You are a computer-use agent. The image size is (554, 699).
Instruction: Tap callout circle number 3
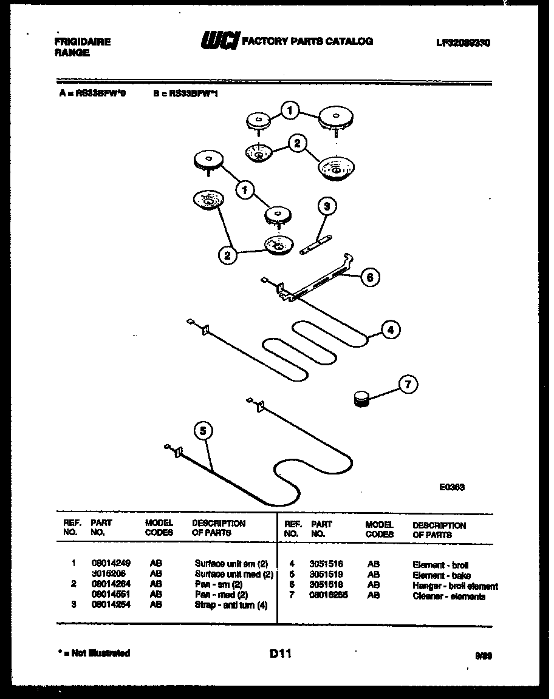pos(327,207)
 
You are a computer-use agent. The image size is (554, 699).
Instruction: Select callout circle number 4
pos(391,329)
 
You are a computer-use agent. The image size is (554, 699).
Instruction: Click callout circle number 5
pos(203,431)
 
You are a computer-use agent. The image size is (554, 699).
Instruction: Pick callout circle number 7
pos(408,384)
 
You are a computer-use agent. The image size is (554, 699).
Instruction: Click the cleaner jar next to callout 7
pos(362,399)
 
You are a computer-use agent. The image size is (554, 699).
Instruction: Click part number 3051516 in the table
pos(327,564)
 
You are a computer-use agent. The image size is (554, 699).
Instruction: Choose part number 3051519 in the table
pos(327,575)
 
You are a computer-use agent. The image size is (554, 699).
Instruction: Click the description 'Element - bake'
pos(441,575)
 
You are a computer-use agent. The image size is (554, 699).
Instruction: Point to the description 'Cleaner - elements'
pos(449,596)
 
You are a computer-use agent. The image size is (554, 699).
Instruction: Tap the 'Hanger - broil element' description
pos(455,586)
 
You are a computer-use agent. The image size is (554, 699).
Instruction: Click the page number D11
pos(280,653)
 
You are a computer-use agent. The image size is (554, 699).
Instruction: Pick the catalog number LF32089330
pos(463,42)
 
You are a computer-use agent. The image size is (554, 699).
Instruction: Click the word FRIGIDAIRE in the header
pos(83,42)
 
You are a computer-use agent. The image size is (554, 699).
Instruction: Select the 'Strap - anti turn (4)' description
pos(231,605)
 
